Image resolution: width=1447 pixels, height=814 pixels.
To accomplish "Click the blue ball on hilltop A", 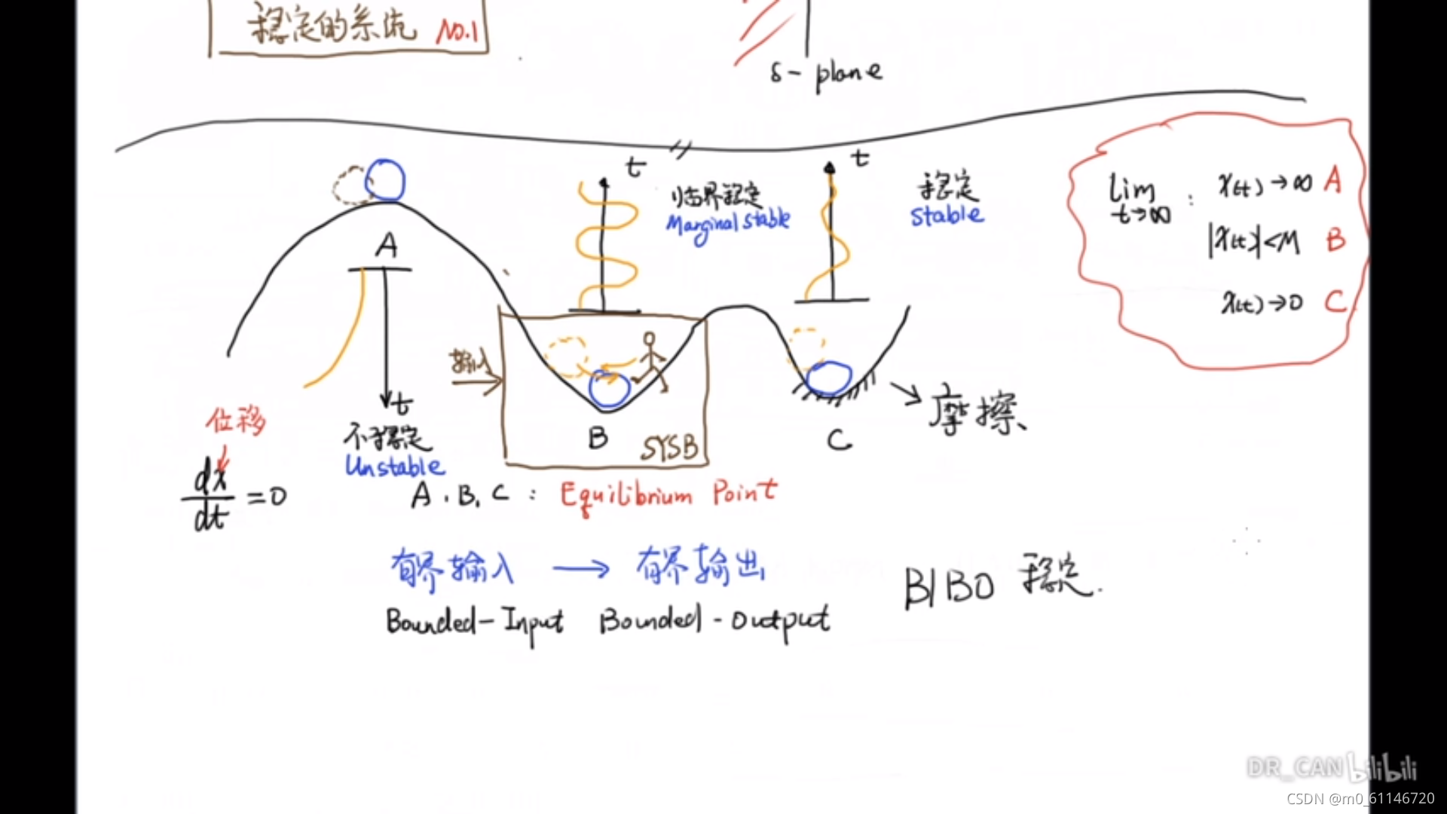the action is click(x=385, y=181).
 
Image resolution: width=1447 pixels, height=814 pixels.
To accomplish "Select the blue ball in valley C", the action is click(x=828, y=378).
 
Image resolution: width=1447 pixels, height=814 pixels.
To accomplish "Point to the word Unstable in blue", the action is click(x=394, y=466).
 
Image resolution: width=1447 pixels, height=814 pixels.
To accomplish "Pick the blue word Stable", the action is click(x=947, y=216).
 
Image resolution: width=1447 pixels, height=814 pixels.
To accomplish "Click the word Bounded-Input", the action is click(x=474, y=623).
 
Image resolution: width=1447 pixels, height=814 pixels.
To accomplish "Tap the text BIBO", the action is click(x=949, y=586).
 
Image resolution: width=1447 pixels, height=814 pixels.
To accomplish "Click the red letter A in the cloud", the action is click(x=1332, y=181).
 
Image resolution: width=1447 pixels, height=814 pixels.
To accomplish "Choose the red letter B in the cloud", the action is click(x=1335, y=240).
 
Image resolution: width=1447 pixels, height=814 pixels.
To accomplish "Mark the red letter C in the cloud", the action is click(x=1335, y=302).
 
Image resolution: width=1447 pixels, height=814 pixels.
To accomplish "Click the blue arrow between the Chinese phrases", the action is click(x=580, y=568).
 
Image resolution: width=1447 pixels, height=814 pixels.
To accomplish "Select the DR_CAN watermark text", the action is click(x=1295, y=767).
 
